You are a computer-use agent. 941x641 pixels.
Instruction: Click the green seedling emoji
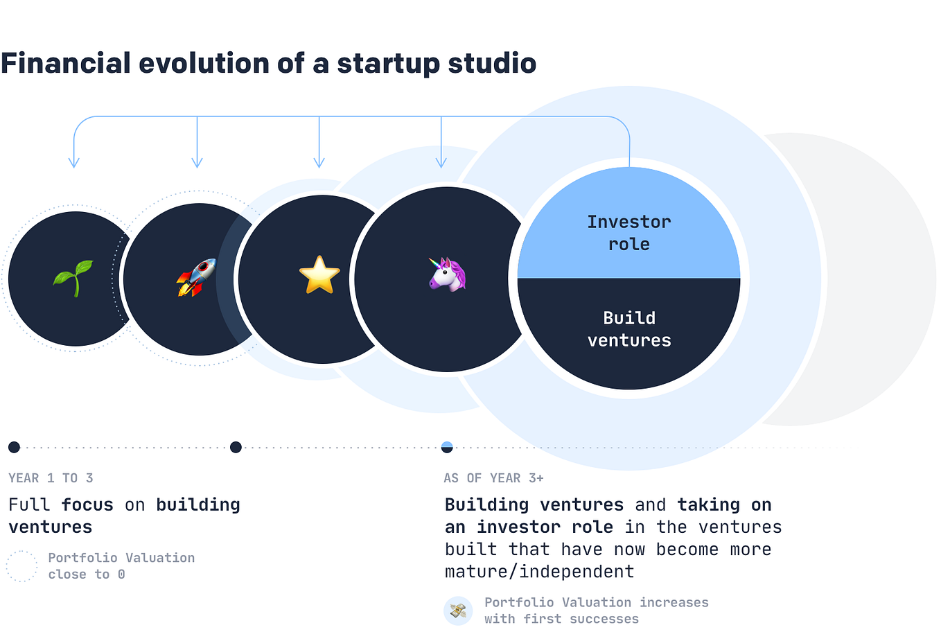pyautogui.click(x=73, y=277)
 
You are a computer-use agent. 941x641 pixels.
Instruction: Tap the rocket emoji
pyautogui.click(x=196, y=277)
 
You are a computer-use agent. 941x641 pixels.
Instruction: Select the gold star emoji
pyautogui.click(x=319, y=275)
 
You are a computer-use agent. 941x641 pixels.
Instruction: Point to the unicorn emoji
pyautogui.click(x=448, y=274)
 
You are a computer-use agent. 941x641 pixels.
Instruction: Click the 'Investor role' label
pyautogui.click(x=629, y=233)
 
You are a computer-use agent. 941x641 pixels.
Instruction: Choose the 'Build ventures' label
pyautogui.click(x=629, y=329)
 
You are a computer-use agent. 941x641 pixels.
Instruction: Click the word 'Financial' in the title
pyautogui.click(x=66, y=63)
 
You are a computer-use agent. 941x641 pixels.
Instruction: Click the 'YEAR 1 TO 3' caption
pyautogui.click(x=51, y=478)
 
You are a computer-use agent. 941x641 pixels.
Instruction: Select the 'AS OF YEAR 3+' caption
pyautogui.click(x=493, y=478)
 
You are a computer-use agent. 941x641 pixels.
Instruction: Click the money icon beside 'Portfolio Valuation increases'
pyautogui.click(x=458, y=611)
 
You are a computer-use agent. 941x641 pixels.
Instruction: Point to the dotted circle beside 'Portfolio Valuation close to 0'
pyautogui.click(x=21, y=566)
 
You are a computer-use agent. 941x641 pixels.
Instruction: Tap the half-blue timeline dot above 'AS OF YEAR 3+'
pyautogui.click(x=447, y=447)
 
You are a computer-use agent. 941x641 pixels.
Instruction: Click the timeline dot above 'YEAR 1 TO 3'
pyautogui.click(x=14, y=447)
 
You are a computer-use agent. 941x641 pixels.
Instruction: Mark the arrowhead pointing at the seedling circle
pyautogui.click(x=74, y=164)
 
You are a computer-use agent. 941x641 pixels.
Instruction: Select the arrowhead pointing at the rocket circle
pyautogui.click(x=197, y=164)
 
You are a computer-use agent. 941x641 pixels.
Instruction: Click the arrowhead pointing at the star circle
pyautogui.click(x=319, y=164)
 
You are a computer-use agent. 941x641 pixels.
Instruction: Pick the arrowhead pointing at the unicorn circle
pyautogui.click(x=441, y=164)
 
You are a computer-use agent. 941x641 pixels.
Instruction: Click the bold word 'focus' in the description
pyautogui.click(x=87, y=504)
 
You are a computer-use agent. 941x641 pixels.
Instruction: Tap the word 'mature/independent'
pyautogui.click(x=539, y=572)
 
